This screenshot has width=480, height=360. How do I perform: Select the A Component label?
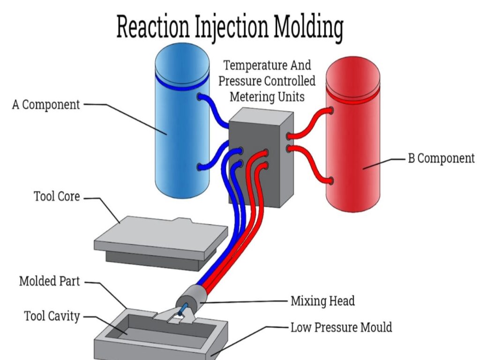point(45,105)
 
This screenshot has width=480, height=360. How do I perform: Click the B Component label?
point(441,158)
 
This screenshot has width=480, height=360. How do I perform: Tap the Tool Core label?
point(57,196)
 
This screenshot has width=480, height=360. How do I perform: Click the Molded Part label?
point(50,282)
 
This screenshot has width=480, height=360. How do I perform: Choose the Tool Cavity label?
point(52,316)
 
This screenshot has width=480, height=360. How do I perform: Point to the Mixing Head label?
point(322,301)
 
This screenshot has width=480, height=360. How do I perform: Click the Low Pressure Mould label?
point(341,327)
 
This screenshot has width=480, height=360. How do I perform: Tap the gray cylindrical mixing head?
point(190,296)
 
